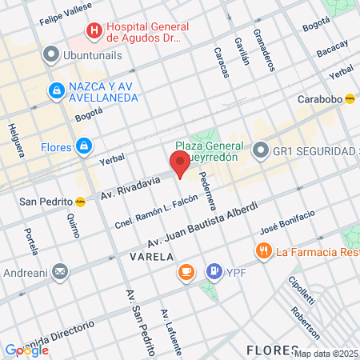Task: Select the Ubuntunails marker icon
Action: click(51, 55)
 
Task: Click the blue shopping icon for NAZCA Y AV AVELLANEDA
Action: click(57, 91)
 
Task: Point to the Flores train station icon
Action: click(83, 146)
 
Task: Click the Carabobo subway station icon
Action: click(350, 99)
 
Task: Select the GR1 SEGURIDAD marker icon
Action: click(260, 150)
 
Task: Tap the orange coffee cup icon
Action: click(186, 272)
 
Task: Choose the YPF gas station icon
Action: click(214, 272)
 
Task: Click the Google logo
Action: click(26, 350)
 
